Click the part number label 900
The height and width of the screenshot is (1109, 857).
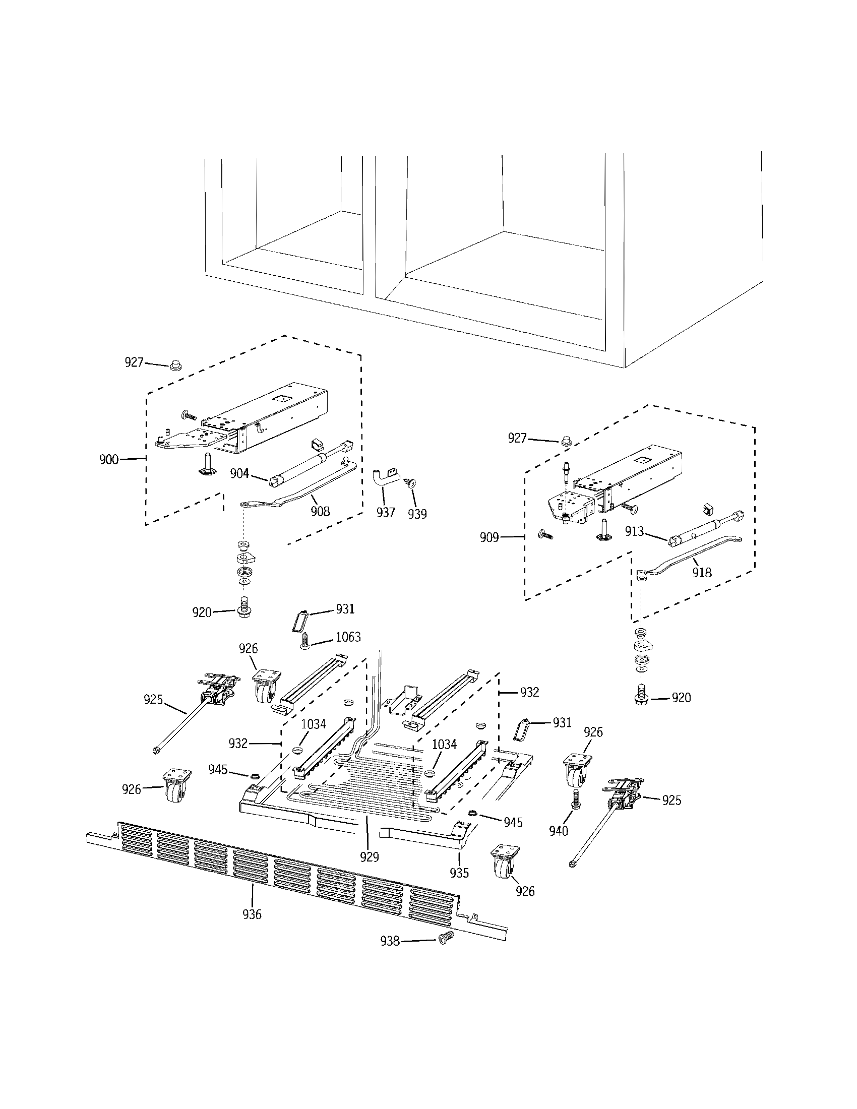click(x=109, y=460)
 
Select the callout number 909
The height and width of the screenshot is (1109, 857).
click(x=489, y=537)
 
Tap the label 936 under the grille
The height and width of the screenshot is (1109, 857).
click(x=252, y=914)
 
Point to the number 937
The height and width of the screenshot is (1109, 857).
click(x=386, y=512)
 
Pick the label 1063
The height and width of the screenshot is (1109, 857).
click(x=348, y=637)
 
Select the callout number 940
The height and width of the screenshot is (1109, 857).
click(x=559, y=831)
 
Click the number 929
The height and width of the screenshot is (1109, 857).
click(x=370, y=857)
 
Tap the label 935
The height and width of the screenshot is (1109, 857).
click(x=459, y=873)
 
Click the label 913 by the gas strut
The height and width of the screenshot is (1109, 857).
click(x=635, y=532)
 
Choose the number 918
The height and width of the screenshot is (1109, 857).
click(x=702, y=572)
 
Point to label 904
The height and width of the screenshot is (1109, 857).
click(x=239, y=473)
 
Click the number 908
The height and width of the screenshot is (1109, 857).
click(x=320, y=511)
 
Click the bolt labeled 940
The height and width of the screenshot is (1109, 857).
click(x=576, y=800)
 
